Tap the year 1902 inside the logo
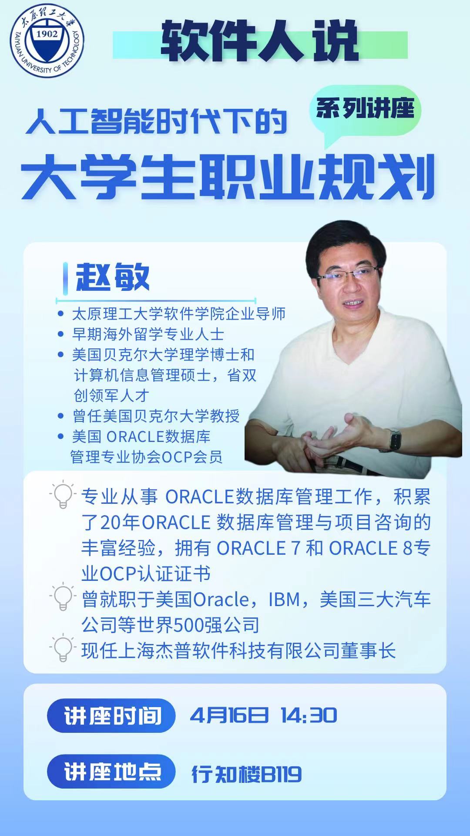pyautogui.click(x=47, y=34)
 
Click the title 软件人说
pyautogui.click(x=260, y=43)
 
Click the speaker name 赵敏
pyautogui.click(x=113, y=277)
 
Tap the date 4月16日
pyautogui.click(x=229, y=716)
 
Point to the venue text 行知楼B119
pyautogui.click(x=247, y=774)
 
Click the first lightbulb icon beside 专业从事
pyautogui.click(x=63, y=495)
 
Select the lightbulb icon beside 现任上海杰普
pyautogui.click(x=63, y=648)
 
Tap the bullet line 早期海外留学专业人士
pyautogui.click(x=148, y=334)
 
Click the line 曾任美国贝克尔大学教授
pyautogui.click(x=156, y=416)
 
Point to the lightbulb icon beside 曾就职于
pyautogui.click(x=63, y=597)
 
